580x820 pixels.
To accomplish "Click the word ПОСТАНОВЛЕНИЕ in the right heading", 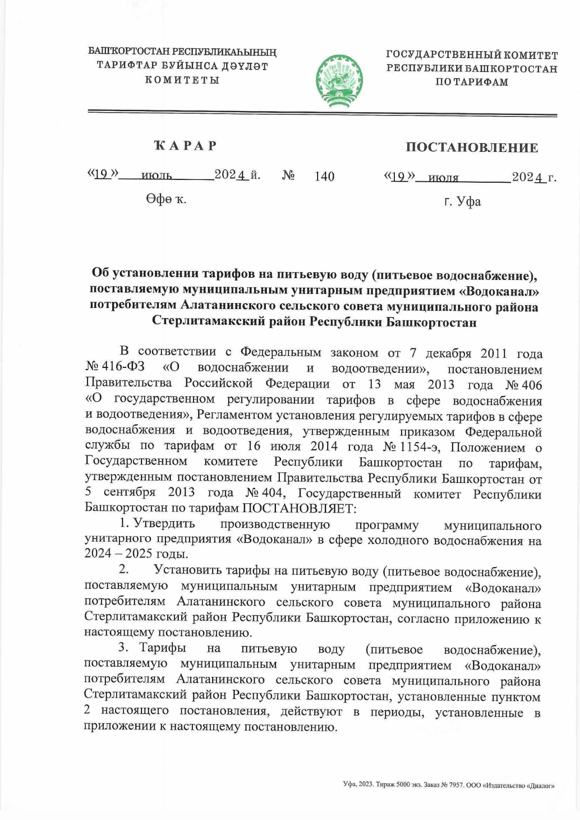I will (x=471, y=147).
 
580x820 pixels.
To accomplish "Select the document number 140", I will (x=324, y=177).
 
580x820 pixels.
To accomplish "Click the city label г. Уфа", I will (x=463, y=201).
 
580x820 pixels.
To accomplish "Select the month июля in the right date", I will (x=443, y=178).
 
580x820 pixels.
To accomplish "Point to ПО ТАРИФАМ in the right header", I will (x=471, y=82).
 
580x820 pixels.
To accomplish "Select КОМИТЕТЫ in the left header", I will (x=182, y=80).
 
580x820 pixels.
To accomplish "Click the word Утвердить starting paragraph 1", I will (x=164, y=524).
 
